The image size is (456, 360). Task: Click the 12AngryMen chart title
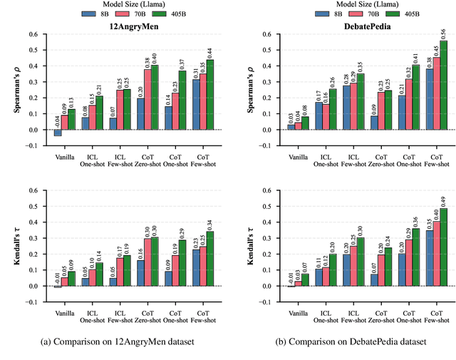point(132,26)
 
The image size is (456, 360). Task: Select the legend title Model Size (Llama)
point(228,4)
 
